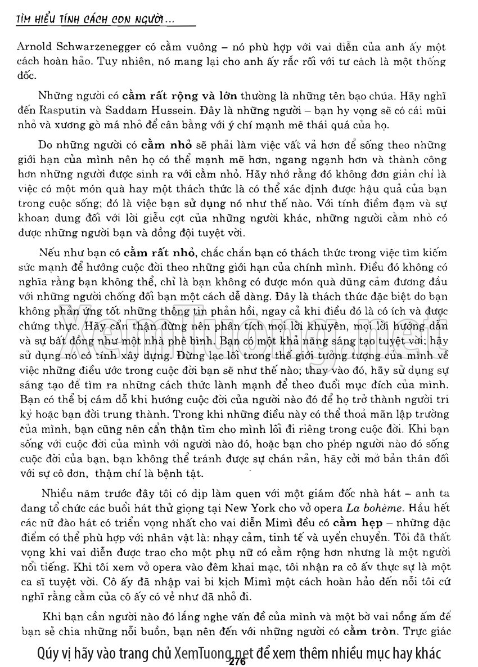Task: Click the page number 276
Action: click(238, 662)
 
